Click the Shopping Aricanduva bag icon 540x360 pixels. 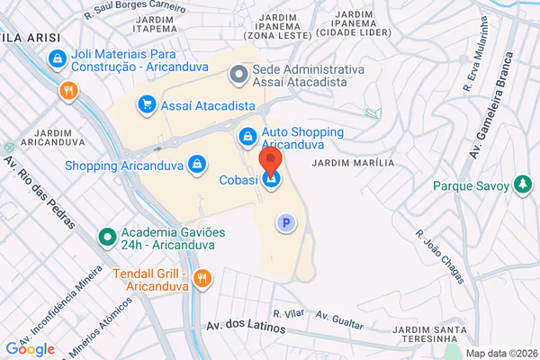196,165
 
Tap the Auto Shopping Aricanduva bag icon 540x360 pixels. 247,136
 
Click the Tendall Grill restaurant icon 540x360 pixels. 203,280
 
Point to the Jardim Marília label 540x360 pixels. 353,164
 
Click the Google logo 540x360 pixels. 31,349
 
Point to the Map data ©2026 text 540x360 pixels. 500,353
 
